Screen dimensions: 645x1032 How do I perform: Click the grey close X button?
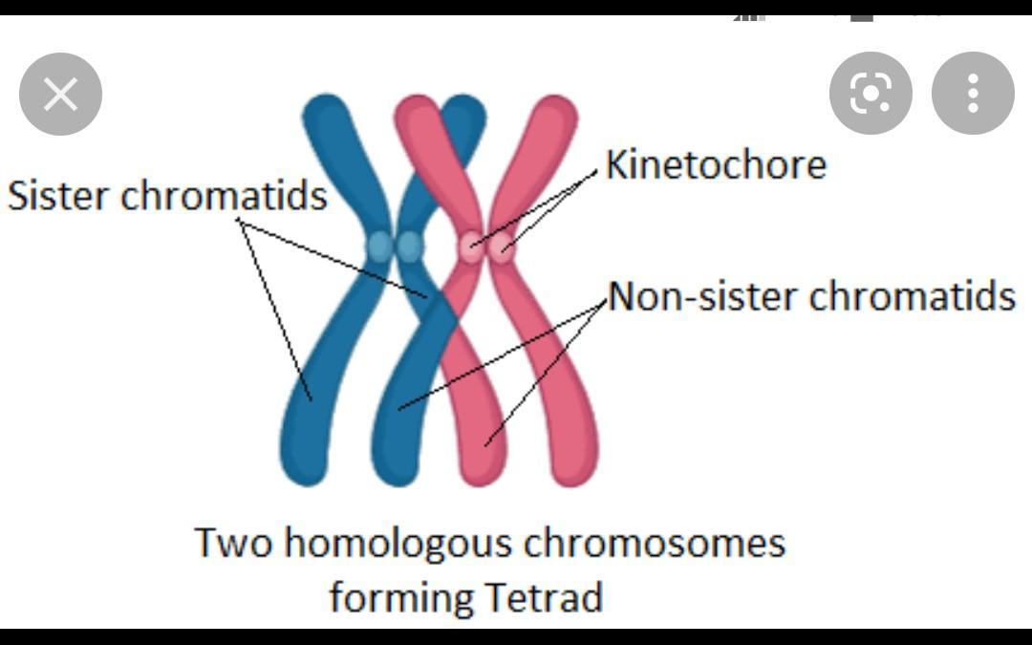point(60,94)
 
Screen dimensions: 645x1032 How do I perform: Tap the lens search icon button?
point(871,93)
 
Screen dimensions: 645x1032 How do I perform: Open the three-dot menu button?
point(973,93)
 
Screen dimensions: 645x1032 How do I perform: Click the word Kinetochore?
point(716,164)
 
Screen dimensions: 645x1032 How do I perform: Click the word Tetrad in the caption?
point(544,598)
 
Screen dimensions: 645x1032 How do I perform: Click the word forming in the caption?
point(400,598)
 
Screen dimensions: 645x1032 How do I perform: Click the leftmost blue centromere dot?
point(380,246)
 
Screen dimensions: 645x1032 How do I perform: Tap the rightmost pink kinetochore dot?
point(502,247)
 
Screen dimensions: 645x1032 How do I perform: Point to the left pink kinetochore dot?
point(471,247)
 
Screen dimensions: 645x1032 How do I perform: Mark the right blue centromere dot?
point(410,246)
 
